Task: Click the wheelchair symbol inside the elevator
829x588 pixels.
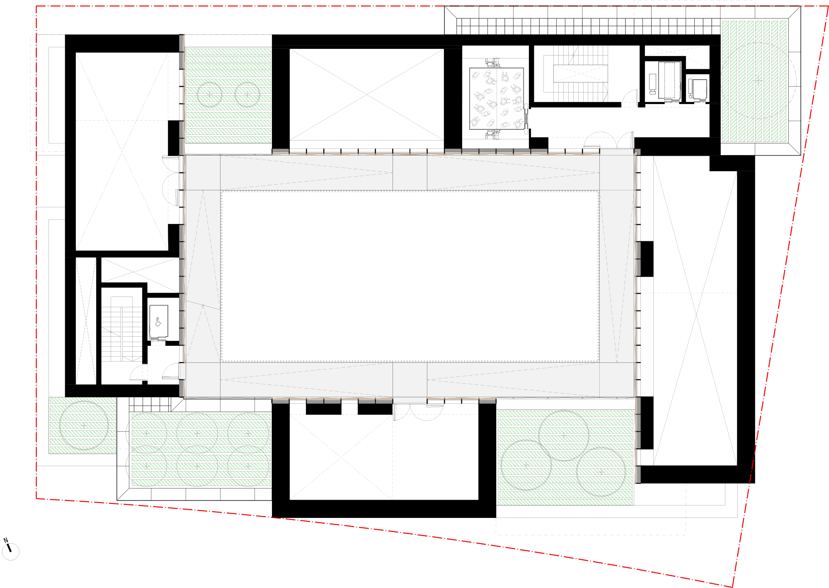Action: pos(158,322)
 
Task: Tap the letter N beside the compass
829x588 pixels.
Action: pos(5,540)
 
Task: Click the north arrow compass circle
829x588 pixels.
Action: pos(10,552)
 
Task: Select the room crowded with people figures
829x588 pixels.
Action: pos(497,98)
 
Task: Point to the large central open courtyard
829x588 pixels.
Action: pos(410,276)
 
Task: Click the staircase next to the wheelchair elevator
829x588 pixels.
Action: pos(122,334)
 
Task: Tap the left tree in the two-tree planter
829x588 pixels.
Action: pos(209,95)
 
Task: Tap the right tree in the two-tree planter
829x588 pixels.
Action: pos(247,95)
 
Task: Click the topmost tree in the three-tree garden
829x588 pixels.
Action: pos(564,435)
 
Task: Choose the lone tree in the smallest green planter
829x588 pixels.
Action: pos(84,425)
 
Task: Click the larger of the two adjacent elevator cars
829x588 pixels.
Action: pos(669,81)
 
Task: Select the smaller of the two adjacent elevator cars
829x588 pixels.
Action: pos(700,90)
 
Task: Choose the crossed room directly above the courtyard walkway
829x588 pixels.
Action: pos(366,95)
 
